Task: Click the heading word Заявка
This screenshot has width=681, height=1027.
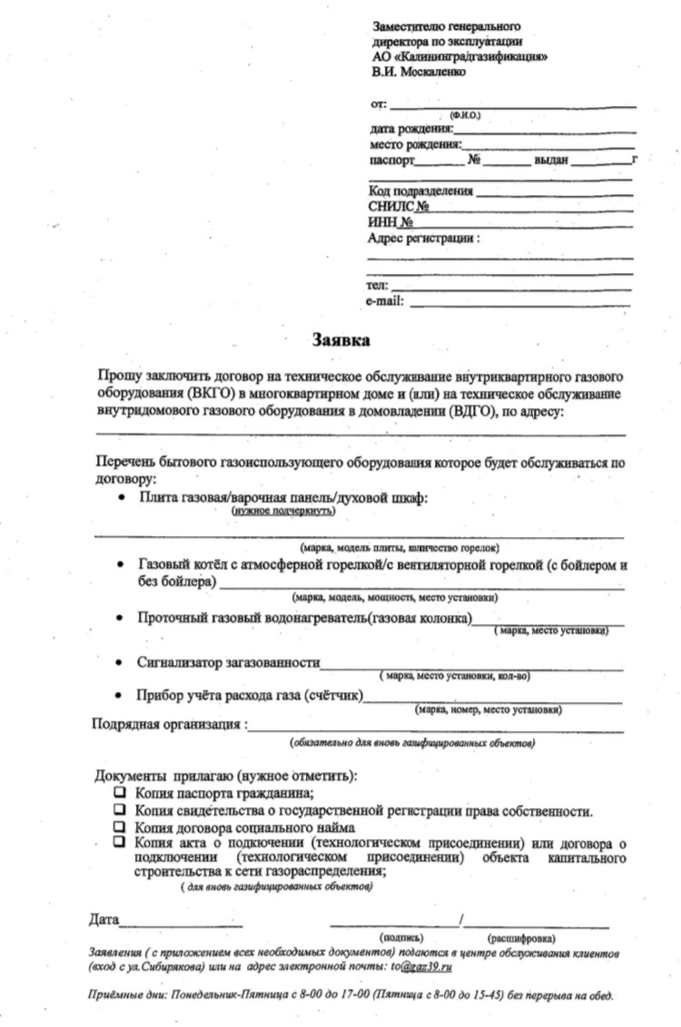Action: click(x=341, y=340)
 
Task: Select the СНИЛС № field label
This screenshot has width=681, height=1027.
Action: click(x=399, y=206)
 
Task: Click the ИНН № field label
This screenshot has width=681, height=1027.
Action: click(x=391, y=222)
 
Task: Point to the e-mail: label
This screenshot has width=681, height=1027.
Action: click(x=385, y=301)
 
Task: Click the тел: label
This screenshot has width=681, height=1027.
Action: click(x=377, y=286)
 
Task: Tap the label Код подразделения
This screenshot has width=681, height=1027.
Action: click(x=420, y=191)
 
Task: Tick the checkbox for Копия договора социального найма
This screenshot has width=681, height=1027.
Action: click(x=119, y=826)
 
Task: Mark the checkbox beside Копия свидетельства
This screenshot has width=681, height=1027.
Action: click(x=119, y=809)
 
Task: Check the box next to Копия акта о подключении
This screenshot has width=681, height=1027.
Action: click(x=119, y=842)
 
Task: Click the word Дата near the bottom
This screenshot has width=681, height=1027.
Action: click(x=104, y=920)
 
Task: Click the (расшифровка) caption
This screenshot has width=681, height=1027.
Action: click(x=521, y=938)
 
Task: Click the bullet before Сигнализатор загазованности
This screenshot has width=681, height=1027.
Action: click(x=119, y=663)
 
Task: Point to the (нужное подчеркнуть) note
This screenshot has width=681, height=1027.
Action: click(x=283, y=511)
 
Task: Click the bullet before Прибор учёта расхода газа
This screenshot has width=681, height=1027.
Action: click(x=119, y=696)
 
